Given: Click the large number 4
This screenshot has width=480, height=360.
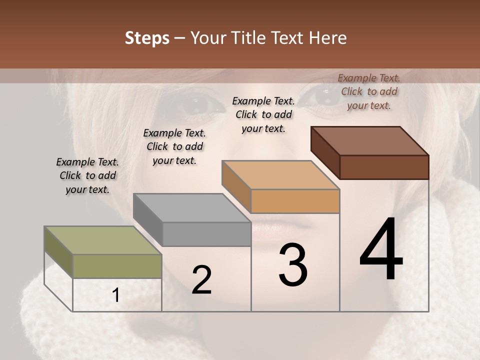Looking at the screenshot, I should (x=381, y=250).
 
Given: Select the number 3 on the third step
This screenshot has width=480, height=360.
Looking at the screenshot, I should (x=293, y=265).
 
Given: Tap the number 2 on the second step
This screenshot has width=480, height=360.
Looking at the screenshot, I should (x=201, y=280).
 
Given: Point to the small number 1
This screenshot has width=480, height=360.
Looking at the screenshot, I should (x=116, y=296).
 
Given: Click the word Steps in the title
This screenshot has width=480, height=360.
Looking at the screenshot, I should (x=147, y=38).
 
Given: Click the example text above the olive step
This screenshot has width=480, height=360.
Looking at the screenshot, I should (x=87, y=175).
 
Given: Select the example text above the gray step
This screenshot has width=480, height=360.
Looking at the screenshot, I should (x=174, y=146).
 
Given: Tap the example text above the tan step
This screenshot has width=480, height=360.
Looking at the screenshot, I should (x=263, y=114).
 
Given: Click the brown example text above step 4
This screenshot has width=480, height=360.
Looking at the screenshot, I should (x=369, y=91).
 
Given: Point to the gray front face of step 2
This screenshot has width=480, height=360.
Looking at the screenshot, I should (x=206, y=234).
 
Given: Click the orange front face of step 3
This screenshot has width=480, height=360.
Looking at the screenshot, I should (x=295, y=201).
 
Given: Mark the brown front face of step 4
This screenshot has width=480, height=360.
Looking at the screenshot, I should (x=384, y=167).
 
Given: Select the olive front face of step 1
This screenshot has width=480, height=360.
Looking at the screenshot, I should (x=117, y=266).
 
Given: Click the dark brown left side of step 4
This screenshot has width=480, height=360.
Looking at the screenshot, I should (x=325, y=152).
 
